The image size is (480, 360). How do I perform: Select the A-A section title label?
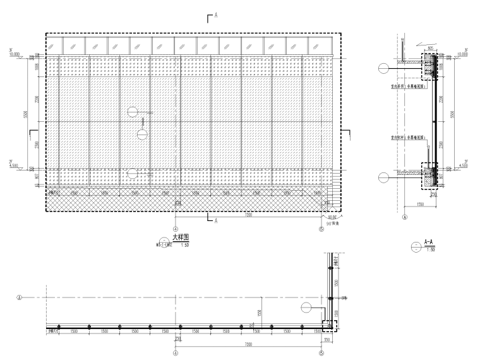[x=428, y=241]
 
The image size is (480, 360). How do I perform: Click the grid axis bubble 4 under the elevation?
[x=176, y=230]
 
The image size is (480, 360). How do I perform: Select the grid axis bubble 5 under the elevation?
[x=321, y=230]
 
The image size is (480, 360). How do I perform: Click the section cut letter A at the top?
[x=215, y=14]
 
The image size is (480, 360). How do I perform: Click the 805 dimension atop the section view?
[x=430, y=47]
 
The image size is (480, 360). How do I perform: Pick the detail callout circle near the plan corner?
[x=307, y=308]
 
